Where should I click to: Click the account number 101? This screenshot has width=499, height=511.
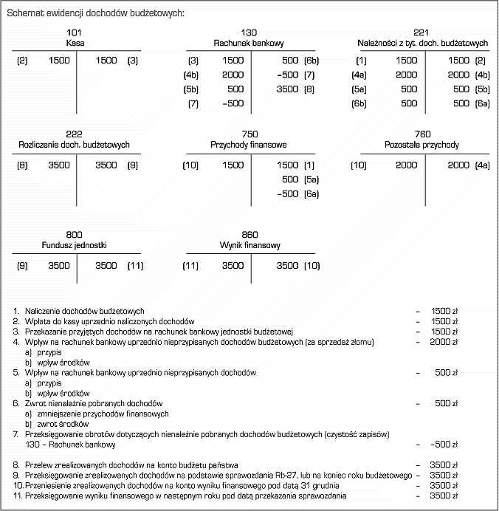(x=75, y=32)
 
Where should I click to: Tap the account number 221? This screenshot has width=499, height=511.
(x=421, y=32)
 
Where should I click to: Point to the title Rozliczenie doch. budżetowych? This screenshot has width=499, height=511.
(x=75, y=145)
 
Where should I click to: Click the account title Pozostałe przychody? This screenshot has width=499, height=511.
(x=421, y=145)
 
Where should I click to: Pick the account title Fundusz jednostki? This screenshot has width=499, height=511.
(x=75, y=244)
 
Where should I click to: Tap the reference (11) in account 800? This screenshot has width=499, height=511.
(x=135, y=265)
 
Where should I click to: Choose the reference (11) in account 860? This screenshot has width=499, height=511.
(x=190, y=265)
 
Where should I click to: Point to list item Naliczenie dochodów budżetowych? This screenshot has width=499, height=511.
(x=89, y=311)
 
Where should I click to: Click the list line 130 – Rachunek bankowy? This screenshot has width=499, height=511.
(x=69, y=445)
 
